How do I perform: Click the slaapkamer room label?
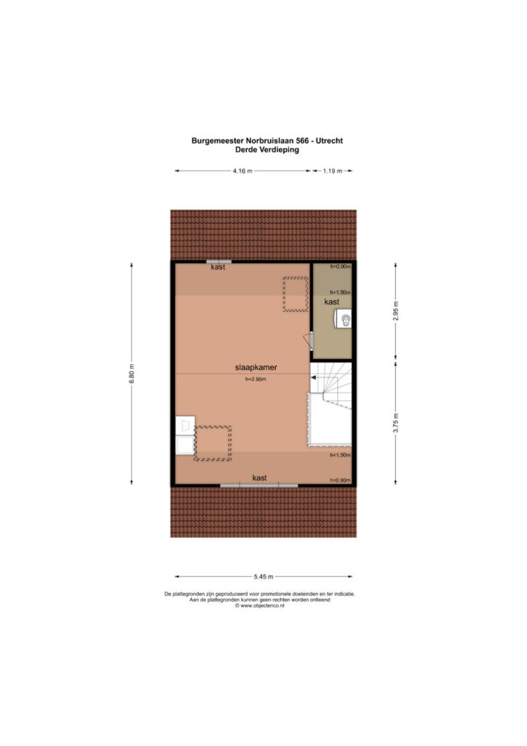click(x=255, y=367)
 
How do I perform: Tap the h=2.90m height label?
click(x=255, y=380)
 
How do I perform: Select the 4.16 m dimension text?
click(x=242, y=170)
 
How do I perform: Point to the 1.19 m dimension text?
click(x=333, y=170)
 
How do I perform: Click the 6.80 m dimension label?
click(x=132, y=374)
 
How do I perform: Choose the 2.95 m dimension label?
click(x=395, y=310)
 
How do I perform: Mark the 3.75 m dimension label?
click(x=395, y=423)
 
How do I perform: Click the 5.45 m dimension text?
click(x=263, y=577)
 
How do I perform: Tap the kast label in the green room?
click(x=332, y=302)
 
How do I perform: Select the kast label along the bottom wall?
click(x=259, y=478)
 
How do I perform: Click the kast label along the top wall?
click(x=218, y=267)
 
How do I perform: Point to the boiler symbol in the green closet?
click(x=343, y=318)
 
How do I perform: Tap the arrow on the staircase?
click(x=314, y=378)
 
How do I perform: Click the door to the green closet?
click(x=309, y=342)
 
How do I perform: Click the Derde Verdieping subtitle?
click(x=267, y=149)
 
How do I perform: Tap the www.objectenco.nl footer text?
click(x=260, y=605)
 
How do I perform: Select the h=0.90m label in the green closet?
click(x=341, y=267)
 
